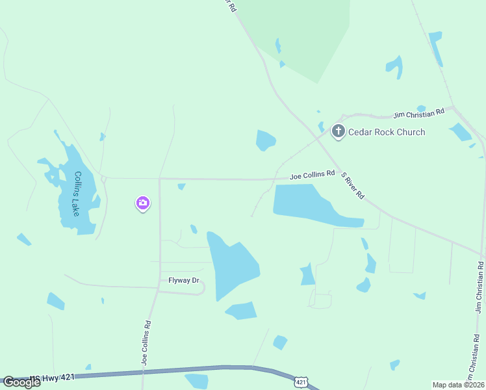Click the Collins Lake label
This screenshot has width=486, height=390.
(x=77, y=193)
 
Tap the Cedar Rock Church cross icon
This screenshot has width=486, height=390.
(x=338, y=132)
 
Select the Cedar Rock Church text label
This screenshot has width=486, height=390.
(x=387, y=132)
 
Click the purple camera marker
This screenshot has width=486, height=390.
(x=143, y=203)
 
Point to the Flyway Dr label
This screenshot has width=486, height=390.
(x=183, y=281)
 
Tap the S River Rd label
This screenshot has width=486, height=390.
(x=353, y=185)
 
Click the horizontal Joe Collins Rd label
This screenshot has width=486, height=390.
(x=312, y=175)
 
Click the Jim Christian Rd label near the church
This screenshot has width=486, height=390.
(x=419, y=113)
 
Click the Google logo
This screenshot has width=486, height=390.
(x=21, y=382)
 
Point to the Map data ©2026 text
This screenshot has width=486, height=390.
(x=458, y=385)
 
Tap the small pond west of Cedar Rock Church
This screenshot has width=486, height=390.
(x=265, y=140)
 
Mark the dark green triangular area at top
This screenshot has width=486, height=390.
(x=305, y=32)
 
